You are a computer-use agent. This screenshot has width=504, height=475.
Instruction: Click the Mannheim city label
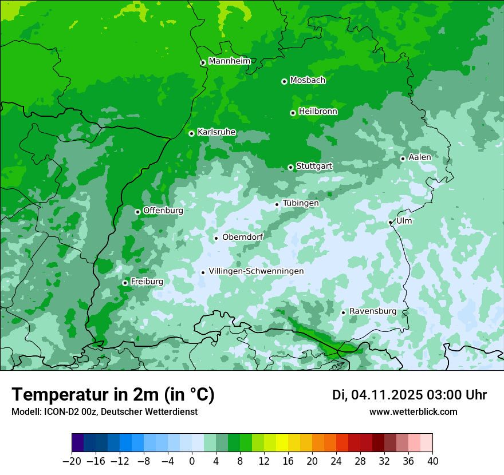click(x=229, y=61)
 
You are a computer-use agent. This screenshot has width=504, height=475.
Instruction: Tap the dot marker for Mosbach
click(x=284, y=81)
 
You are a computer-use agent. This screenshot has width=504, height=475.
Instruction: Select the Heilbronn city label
click(x=318, y=112)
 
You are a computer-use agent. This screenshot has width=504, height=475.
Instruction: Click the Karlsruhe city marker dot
click(x=191, y=133)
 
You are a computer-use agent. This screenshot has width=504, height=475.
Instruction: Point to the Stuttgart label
click(x=314, y=166)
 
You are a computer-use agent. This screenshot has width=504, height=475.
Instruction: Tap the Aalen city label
click(x=420, y=157)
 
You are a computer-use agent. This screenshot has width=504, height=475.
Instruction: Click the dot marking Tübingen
click(x=277, y=204)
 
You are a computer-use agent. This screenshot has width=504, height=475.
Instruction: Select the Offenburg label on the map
click(x=163, y=211)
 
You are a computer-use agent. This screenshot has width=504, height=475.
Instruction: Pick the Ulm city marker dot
click(x=390, y=222)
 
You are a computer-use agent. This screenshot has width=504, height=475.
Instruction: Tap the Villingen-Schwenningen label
click(x=256, y=271)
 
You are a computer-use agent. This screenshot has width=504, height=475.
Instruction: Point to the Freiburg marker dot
click(x=125, y=283)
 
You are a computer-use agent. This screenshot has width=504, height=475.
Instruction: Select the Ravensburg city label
click(x=372, y=311)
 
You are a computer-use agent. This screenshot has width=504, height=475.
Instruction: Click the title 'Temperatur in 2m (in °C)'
click(x=113, y=395)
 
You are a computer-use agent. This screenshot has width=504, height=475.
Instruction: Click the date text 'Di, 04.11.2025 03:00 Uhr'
click(x=409, y=395)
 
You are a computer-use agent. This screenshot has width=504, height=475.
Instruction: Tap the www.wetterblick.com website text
click(x=413, y=412)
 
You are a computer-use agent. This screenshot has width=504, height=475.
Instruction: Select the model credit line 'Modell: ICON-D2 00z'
click(x=104, y=412)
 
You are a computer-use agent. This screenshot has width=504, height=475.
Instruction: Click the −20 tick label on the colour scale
click(x=72, y=461)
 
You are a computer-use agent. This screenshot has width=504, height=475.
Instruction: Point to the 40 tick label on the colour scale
click(x=432, y=461)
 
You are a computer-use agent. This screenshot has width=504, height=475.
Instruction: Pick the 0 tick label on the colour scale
click(x=192, y=461)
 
